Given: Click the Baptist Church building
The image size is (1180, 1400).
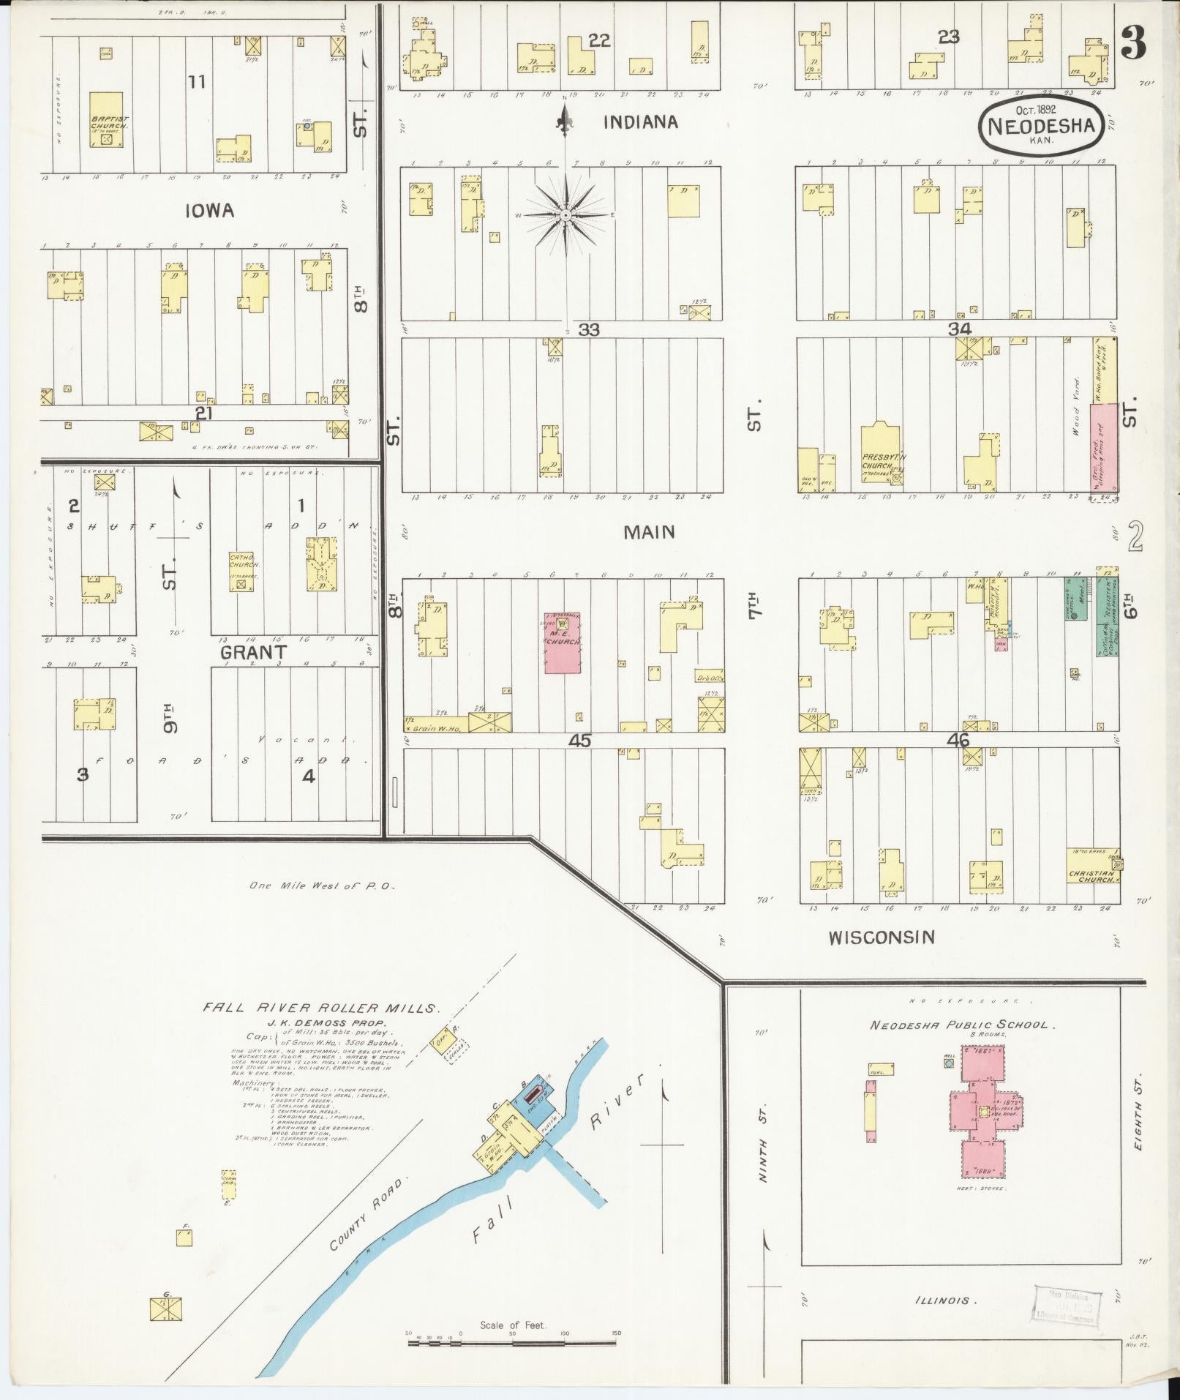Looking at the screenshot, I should coord(106,120).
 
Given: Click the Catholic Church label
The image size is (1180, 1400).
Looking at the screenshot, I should coord(241,560).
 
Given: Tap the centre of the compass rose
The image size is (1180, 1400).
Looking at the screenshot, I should coord(565,215).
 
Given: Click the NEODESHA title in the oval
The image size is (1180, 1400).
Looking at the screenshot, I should coord(1041,125).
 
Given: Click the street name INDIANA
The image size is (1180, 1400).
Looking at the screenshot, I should coord(640,122).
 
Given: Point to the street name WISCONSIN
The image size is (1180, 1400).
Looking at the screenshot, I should coord(882,937).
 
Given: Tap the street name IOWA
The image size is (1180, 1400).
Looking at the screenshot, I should coord(209,211).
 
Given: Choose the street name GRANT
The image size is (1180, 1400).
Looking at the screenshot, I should coord(254,651).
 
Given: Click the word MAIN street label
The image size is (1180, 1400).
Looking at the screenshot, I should coord(649,532).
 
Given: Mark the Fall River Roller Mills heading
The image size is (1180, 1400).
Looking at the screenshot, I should coord(322,1008).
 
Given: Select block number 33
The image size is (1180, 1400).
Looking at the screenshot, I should coord(589,330).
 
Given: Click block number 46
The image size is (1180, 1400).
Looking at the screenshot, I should coord(958,740).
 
